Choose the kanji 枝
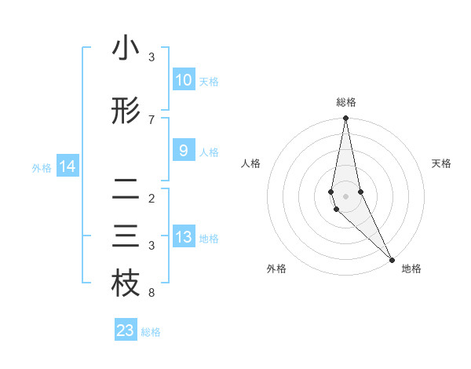point(126,284)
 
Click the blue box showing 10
point(183,80)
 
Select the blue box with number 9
point(183,151)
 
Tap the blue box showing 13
point(183,237)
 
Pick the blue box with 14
point(67,166)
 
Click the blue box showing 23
point(126,331)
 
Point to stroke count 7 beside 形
point(152,120)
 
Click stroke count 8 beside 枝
point(152,294)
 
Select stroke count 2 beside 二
point(152,199)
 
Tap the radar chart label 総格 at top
point(346,102)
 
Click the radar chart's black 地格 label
point(411,269)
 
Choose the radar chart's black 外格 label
point(276,269)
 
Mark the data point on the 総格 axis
point(345,119)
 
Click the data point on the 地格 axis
point(391,260)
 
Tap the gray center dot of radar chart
point(345,195)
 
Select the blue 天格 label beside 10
point(208,82)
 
